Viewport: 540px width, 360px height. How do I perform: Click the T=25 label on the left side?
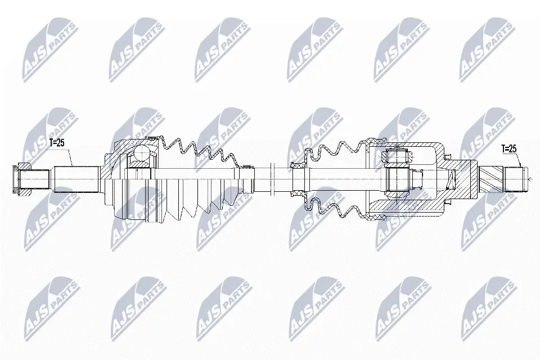(57, 143)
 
